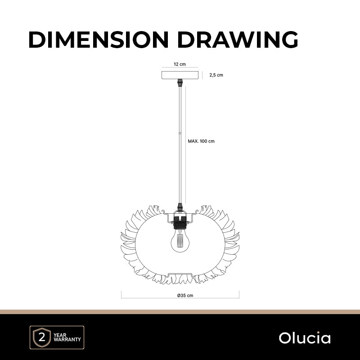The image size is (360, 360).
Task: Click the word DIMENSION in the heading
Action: [x=99, y=40]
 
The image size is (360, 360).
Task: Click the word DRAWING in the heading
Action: [x=238, y=40]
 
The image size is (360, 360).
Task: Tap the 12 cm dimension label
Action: [x=180, y=64]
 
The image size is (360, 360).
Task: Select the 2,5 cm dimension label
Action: [x=216, y=75]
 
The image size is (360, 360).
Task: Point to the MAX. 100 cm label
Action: [x=201, y=141]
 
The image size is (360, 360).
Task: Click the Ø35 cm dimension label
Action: [x=185, y=295]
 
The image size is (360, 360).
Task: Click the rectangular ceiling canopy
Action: [x=180, y=75]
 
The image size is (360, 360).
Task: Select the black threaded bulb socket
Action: [x=180, y=223]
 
